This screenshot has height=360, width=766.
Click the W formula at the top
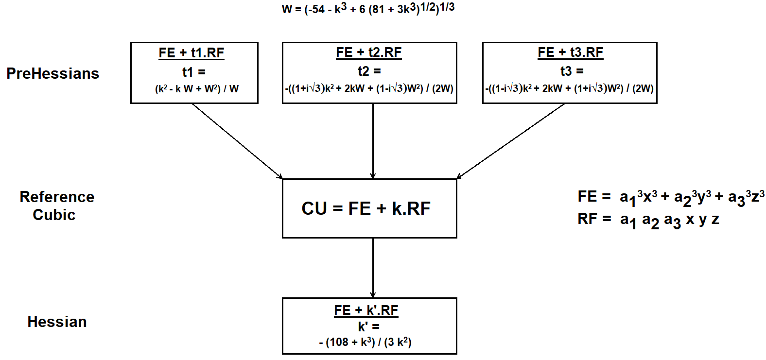pyautogui.click(x=368, y=8)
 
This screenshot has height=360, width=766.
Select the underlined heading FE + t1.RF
pyautogui.click(x=191, y=52)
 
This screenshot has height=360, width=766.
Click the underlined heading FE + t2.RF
pyautogui.click(x=369, y=52)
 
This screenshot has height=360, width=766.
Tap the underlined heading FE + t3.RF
pyautogui.click(x=570, y=52)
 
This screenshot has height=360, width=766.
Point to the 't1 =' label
pyautogui.click(x=194, y=72)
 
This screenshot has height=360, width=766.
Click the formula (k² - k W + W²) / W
pyautogui.click(x=196, y=89)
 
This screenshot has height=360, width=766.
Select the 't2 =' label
pyautogui.click(x=369, y=71)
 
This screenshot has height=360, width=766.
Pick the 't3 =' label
pyautogui.click(x=572, y=71)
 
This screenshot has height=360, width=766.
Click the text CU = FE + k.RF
pyautogui.click(x=366, y=208)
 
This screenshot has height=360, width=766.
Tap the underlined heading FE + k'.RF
pyautogui.click(x=366, y=310)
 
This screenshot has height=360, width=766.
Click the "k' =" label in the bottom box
pyautogui.click(x=369, y=326)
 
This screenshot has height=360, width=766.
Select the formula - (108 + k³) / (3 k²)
pyautogui.click(x=366, y=342)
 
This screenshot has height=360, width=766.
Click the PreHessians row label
pyautogui.click(x=52, y=73)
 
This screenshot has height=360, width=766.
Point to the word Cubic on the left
pyautogui.click(x=54, y=215)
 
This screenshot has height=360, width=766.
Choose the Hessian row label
pyautogui.click(x=57, y=322)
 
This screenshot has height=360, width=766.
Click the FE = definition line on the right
pyautogui.click(x=671, y=197)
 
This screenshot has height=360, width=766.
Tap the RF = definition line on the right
pyautogui.click(x=648, y=220)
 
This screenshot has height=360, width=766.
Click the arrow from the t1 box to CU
pyautogui.click(x=237, y=141)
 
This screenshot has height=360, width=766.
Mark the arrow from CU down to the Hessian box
pyautogui.click(x=373, y=267)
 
